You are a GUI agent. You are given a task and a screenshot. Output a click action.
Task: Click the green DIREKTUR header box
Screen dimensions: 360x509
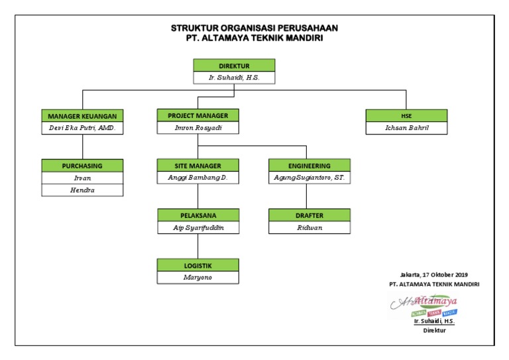[x=234, y=66]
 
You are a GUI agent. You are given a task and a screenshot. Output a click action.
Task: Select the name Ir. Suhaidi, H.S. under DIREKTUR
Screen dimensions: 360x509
[x=234, y=78]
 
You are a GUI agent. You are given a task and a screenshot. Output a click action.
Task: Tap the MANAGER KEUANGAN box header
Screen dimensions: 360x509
[x=82, y=115]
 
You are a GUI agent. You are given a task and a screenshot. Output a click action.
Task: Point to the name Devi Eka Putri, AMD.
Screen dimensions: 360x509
[x=82, y=127]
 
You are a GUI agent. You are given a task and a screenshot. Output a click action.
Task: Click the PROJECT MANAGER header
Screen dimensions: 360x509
[x=198, y=115]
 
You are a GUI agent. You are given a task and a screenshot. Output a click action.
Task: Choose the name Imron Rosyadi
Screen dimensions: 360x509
[x=198, y=127]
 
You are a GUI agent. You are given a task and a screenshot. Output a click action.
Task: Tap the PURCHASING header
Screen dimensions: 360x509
[x=82, y=165]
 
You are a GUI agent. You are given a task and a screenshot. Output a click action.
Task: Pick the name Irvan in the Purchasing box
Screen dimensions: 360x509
[x=82, y=178]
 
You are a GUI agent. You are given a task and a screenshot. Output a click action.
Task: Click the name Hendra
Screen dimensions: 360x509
[x=82, y=190]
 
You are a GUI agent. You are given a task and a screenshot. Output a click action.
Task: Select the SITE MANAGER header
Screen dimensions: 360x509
[x=198, y=165]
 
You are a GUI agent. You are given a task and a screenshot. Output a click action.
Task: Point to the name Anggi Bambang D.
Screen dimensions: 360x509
[x=198, y=178]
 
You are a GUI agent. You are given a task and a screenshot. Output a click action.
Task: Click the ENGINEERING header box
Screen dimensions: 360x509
[x=310, y=165]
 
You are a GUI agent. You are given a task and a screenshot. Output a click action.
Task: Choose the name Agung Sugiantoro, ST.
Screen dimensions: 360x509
[x=310, y=178]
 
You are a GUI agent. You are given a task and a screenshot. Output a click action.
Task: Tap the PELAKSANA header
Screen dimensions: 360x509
[x=198, y=215]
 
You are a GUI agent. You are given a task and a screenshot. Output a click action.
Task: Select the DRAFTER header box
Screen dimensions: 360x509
[x=310, y=215]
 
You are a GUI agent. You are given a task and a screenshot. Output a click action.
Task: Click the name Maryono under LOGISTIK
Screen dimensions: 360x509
[x=198, y=277]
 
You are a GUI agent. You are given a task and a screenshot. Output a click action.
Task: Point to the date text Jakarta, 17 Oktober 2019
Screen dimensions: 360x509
[x=434, y=274]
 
